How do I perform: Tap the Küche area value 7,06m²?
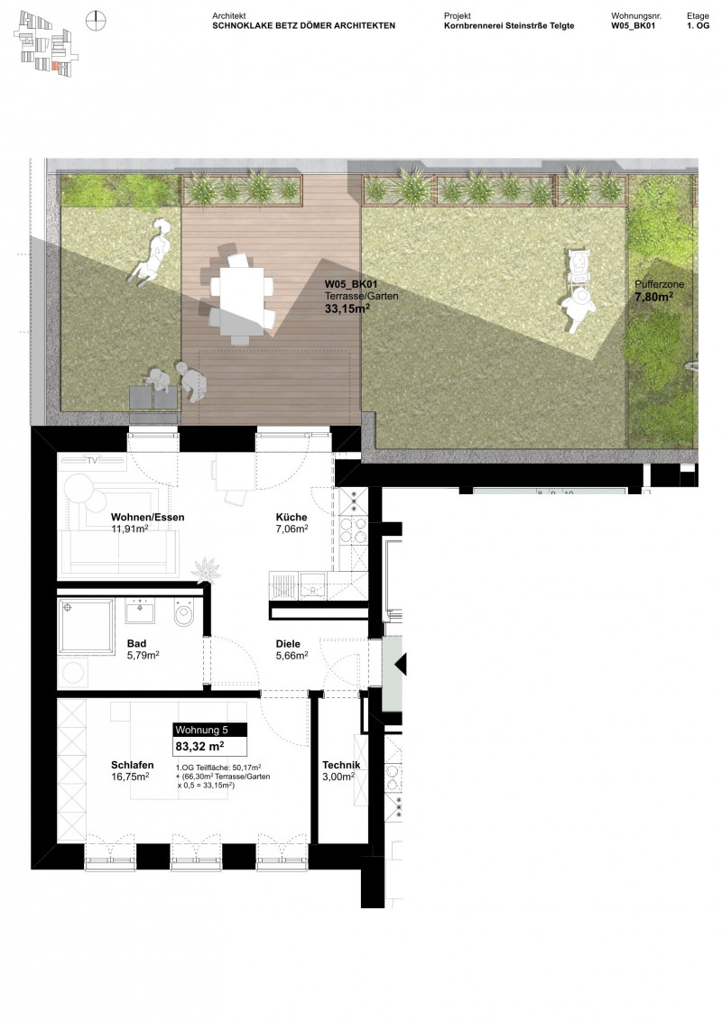(292, 529)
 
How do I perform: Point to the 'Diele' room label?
(289, 644)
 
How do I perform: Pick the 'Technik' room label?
(341, 766)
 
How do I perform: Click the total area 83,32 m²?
(199, 746)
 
